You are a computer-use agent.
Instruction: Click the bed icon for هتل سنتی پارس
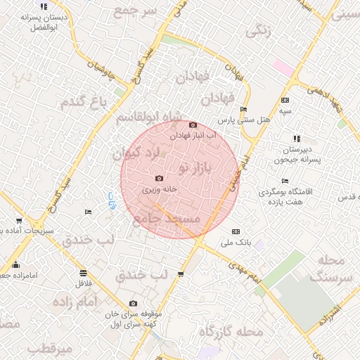click(x=243, y=109)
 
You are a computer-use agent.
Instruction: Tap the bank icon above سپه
click(x=285, y=100)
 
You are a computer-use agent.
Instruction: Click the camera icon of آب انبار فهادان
click(x=193, y=124)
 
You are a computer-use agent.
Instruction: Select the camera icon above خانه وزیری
click(x=159, y=179)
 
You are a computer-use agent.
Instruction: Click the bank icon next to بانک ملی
click(x=236, y=231)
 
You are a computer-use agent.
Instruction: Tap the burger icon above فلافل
click(x=83, y=273)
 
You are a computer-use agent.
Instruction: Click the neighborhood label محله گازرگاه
click(x=231, y=331)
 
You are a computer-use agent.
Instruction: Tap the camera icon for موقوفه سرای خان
click(x=133, y=304)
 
